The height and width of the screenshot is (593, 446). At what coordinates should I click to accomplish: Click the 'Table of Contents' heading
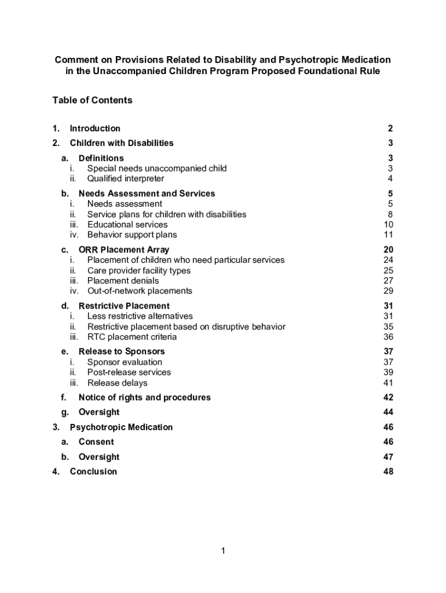pyautogui.click(x=92, y=100)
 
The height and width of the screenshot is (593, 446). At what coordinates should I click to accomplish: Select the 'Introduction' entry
pyautogui.click(x=95, y=129)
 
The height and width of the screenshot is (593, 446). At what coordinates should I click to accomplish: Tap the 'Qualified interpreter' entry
pyautogui.click(x=126, y=178)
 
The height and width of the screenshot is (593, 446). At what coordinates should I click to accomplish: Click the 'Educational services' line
pyautogui.click(x=127, y=225)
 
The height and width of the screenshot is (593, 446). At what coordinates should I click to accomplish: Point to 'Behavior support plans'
pyautogui.click(x=132, y=235)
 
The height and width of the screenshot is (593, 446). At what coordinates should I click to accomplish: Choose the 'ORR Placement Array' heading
pyautogui.click(x=124, y=250)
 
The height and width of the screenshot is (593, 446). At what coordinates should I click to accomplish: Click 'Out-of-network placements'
pyautogui.click(x=140, y=291)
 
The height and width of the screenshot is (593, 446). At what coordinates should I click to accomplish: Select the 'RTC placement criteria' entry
pyautogui.click(x=132, y=337)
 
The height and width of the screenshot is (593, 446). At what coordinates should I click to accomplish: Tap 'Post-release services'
pyautogui.click(x=129, y=372)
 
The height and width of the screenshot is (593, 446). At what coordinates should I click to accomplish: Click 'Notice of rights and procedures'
pyautogui.click(x=145, y=397)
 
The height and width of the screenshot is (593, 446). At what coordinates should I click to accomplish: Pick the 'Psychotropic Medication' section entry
pyautogui.click(x=121, y=427)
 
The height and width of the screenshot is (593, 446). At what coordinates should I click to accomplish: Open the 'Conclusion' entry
pyautogui.click(x=93, y=471)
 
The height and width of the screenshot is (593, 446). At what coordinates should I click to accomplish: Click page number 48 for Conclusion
pyautogui.click(x=388, y=471)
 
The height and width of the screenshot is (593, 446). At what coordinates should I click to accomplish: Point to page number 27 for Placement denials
pyautogui.click(x=388, y=281)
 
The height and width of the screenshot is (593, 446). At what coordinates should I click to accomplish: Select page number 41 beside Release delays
pyautogui.click(x=388, y=383)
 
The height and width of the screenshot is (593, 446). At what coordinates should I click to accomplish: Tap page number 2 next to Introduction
pyautogui.click(x=391, y=129)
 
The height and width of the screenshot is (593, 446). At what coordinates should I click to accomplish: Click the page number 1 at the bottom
pyautogui.click(x=222, y=551)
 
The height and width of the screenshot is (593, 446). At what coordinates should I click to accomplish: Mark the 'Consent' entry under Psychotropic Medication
pyautogui.click(x=96, y=442)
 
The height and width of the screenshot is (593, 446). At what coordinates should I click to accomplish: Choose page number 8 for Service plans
pyautogui.click(x=391, y=214)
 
